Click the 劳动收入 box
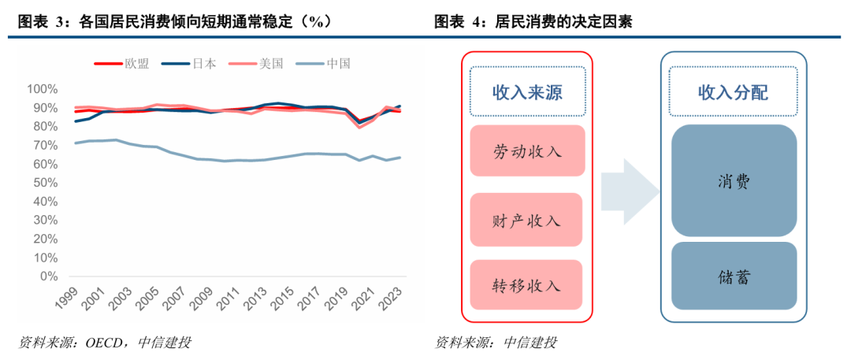(526, 150)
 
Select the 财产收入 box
(526, 220)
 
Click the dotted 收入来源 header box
(526, 92)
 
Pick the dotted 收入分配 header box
(733, 92)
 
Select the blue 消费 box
(733, 180)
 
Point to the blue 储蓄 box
(733, 276)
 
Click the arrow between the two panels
(628, 189)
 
